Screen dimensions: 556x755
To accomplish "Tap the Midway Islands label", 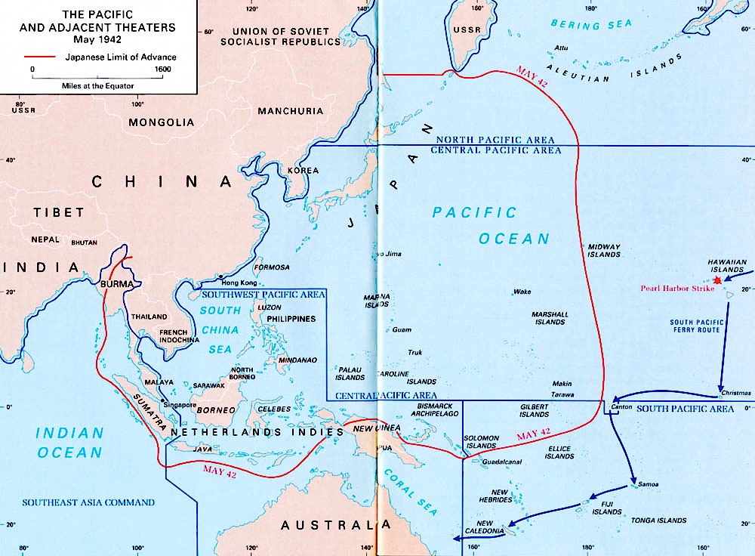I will [x=604, y=251].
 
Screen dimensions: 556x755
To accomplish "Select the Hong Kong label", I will [x=234, y=282].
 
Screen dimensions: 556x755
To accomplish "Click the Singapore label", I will [x=180, y=405].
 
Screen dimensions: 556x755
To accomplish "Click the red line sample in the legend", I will [x=39, y=57].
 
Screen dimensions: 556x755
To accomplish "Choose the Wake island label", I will [x=522, y=292].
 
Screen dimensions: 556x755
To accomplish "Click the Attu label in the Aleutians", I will [x=561, y=48].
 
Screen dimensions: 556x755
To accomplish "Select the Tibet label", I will [x=58, y=213].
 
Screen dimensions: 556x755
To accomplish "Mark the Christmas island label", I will [x=736, y=393].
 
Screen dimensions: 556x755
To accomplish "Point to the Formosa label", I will [x=273, y=267].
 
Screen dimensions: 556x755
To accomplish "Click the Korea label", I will [x=303, y=171].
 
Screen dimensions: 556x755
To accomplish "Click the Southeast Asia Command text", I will [x=88, y=502].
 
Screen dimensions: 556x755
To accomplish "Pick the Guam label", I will [x=402, y=329].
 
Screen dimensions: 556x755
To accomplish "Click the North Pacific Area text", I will [x=495, y=140].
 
